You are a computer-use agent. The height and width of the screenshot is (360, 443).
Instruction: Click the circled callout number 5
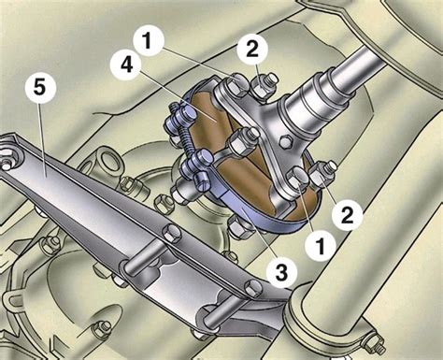pyautogui.click(x=40, y=88)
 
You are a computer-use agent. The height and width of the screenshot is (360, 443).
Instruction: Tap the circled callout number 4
pyautogui.click(x=126, y=66)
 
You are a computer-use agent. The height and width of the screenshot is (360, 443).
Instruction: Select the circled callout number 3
pyautogui.click(x=281, y=271)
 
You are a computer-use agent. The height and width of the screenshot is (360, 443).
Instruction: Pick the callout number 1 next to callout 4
pyautogui.click(x=149, y=41)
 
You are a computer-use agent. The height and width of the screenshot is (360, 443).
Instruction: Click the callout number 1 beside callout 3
pyautogui.click(x=321, y=246)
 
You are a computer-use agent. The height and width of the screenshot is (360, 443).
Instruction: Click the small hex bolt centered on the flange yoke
pyautogui.click(x=286, y=141)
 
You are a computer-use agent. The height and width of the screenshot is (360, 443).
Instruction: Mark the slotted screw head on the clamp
pyautogui.click(x=203, y=182)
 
